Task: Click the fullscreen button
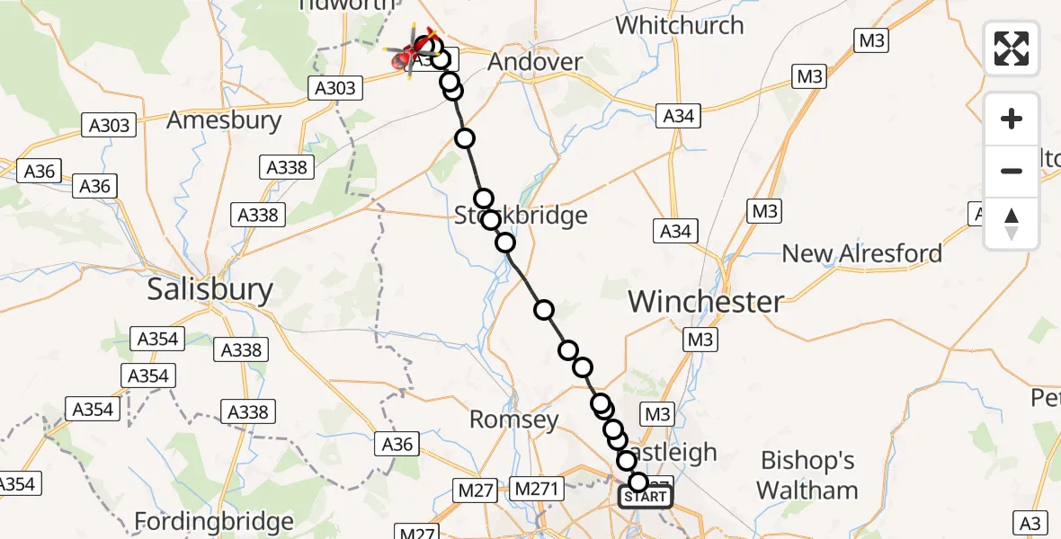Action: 1012,48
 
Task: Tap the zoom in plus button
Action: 1012,119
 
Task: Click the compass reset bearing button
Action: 1012,224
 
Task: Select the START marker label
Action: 646,497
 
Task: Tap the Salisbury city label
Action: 210,289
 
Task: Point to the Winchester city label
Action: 706,302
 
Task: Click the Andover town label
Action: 534,62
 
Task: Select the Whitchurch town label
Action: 681,25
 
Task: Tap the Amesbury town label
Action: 225,120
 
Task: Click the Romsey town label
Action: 514,420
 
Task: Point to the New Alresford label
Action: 861,253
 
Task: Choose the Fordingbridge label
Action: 214,522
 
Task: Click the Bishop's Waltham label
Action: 807,475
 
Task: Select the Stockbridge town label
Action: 521,216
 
